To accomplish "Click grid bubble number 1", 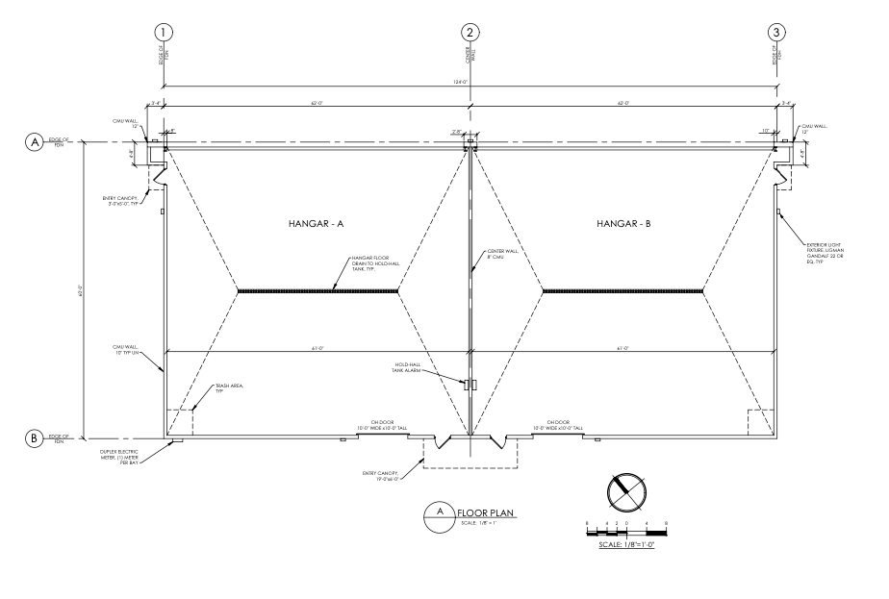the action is tap(165, 32).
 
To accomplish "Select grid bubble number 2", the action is tap(470, 32).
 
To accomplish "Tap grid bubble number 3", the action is tap(776, 32).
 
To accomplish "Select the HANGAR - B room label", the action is tap(623, 223).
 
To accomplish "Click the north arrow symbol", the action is tap(626, 492).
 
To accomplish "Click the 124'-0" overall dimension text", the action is tap(470, 81).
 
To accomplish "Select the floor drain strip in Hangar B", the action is tap(623, 290).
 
